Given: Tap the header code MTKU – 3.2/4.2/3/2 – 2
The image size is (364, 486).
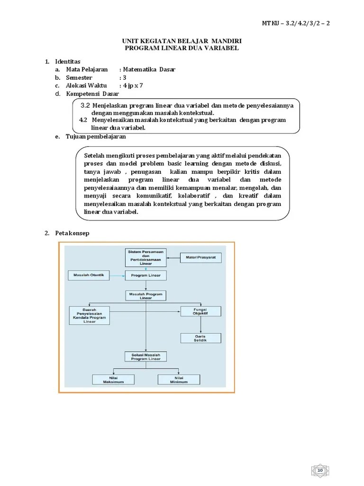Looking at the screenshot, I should (296, 23).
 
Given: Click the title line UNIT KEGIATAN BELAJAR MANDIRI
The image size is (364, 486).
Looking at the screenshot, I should (182, 41).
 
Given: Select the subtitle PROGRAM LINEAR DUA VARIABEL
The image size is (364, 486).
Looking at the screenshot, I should (182, 48).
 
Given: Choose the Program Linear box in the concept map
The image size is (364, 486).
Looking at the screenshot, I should (146, 275).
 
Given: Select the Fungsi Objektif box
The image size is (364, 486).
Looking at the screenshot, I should (200, 311).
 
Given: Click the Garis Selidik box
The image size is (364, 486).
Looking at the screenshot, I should (200, 338).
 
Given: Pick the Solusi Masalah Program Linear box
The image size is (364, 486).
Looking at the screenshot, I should (146, 357).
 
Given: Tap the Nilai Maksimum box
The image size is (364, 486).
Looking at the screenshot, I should (113, 380).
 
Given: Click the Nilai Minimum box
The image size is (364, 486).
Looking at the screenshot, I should (179, 380).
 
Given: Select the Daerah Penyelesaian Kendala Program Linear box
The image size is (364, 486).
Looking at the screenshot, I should (89, 315).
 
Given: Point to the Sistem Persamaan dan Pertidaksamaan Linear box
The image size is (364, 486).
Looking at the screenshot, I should (146, 257).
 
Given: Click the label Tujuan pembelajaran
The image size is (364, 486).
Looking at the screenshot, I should (96, 137).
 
